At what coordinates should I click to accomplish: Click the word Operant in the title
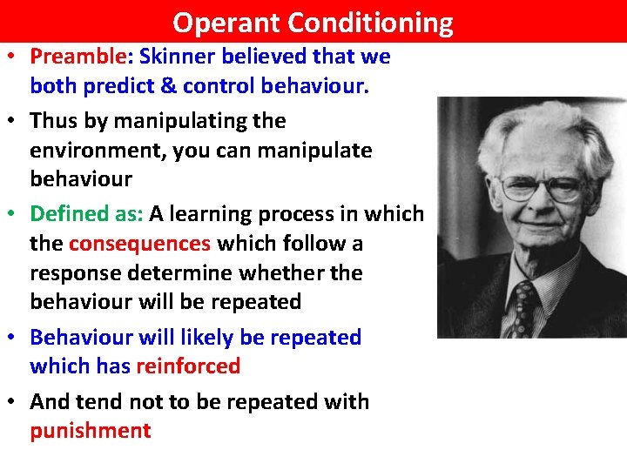click(x=226, y=22)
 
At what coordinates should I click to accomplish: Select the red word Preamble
click(x=78, y=57)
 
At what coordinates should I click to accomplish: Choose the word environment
click(x=97, y=151)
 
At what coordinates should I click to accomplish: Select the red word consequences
click(x=139, y=244)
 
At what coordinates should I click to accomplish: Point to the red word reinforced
click(x=188, y=366)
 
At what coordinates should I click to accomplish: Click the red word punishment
click(x=91, y=431)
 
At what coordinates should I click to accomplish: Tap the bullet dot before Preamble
click(x=16, y=57)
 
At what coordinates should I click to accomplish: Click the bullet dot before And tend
click(x=16, y=402)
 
